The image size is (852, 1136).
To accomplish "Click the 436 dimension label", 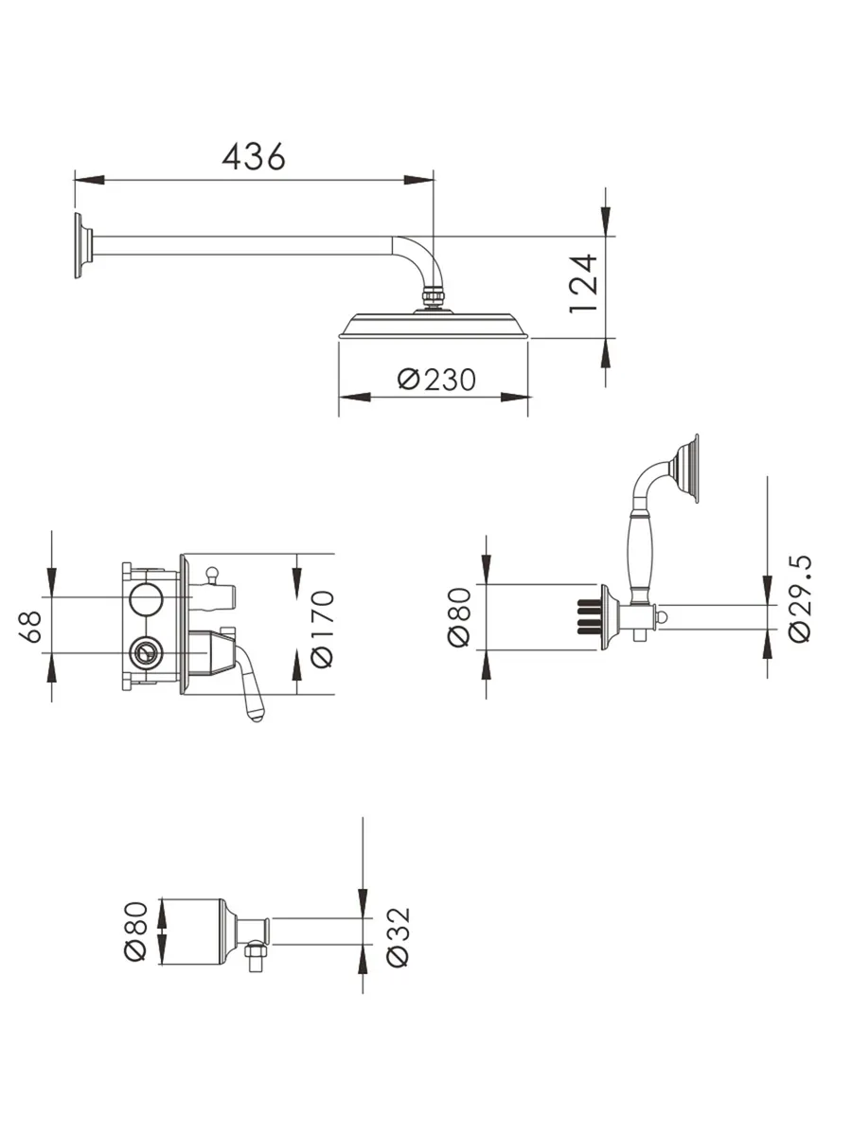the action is pyautogui.click(x=254, y=156).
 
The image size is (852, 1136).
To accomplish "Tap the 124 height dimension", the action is pyautogui.click(x=583, y=283).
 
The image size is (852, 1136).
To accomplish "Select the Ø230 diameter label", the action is pyautogui.click(x=436, y=379).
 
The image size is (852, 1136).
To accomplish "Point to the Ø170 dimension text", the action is pyautogui.click(x=322, y=629).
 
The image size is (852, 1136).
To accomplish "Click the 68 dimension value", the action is pyautogui.click(x=30, y=627).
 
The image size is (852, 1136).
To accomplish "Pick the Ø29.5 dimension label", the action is pyautogui.click(x=800, y=599).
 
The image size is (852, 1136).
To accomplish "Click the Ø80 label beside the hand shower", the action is pyautogui.click(x=459, y=617).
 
